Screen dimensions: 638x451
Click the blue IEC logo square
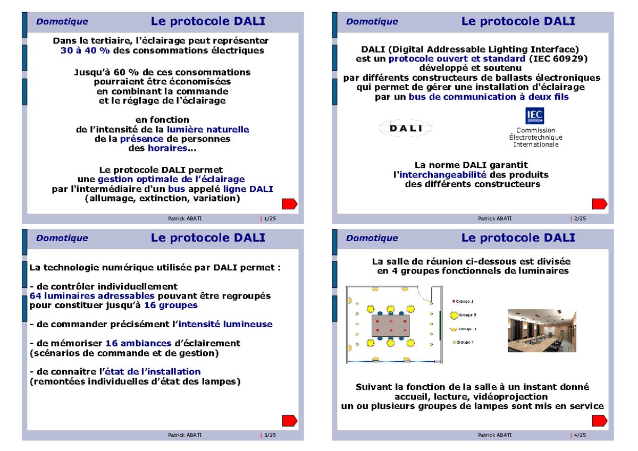click(x=535, y=115)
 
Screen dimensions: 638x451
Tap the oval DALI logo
click(x=405, y=129)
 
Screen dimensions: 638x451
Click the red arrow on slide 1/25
click(x=290, y=204)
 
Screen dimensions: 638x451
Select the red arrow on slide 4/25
click(x=600, y=421)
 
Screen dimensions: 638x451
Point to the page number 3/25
click(x=270, y=435)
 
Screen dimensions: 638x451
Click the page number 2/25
click(x=580, y=218)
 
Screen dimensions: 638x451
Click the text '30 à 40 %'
click(x=85, y=50)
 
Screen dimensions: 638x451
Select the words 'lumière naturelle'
click(x=208, y=130)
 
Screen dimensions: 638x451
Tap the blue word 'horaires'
click(x=167, y=148)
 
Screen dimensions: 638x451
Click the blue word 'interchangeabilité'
click(x=442, y=174)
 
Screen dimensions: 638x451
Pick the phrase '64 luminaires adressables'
click(x=92, y=296)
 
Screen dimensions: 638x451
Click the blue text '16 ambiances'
click(x=138, y=343)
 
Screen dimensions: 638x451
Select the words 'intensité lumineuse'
click(x=225, y=324)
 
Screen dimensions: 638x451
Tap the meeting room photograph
click(x=542, y=330)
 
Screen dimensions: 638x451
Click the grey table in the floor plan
click(x=391, y=326)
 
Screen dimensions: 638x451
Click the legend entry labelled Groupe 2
click(x=463, y=315)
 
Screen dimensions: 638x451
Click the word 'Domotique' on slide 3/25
click(x=62, y=238)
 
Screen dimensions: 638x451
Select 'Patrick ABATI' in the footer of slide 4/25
click(x=495, y=435)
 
